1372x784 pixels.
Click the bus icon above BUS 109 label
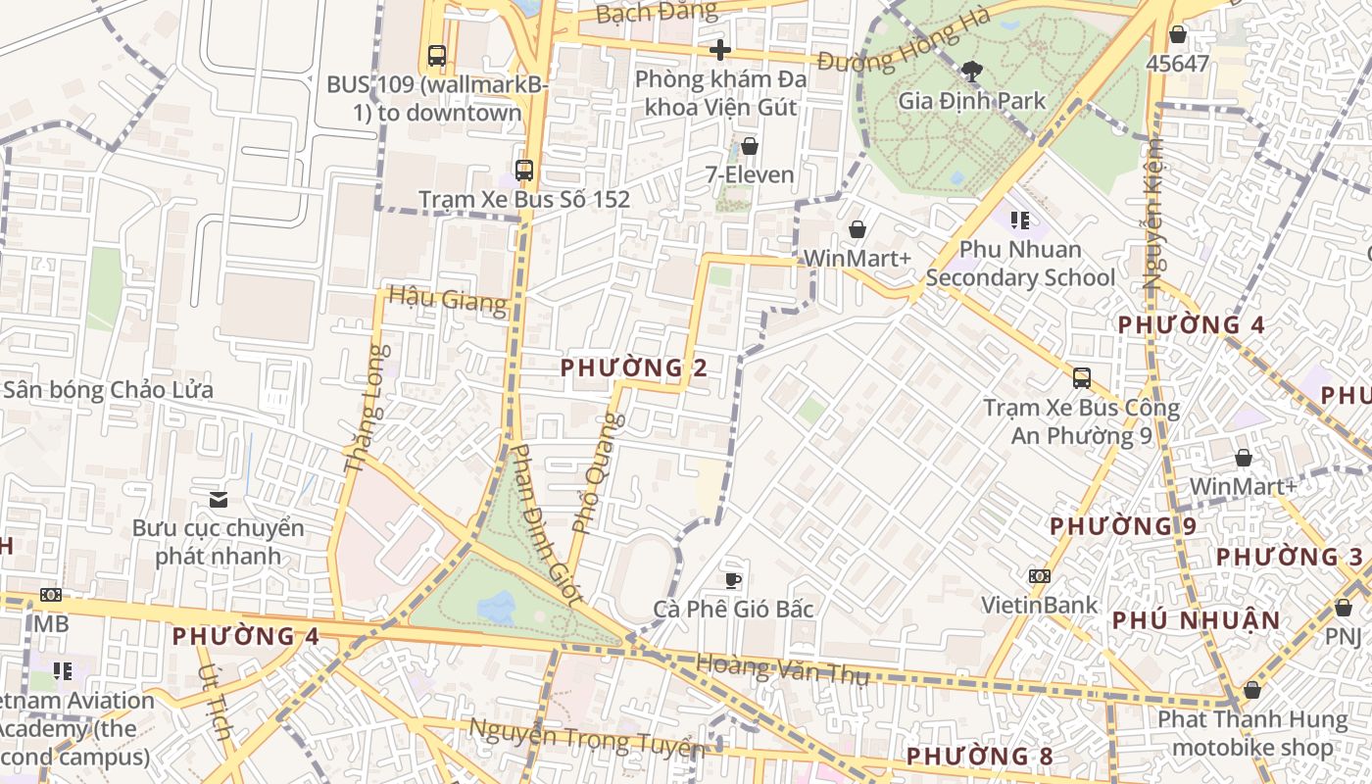[x=437, y=56]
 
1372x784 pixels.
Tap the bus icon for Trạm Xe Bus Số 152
[x=524, y=170]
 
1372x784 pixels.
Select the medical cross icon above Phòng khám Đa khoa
[x=720, y=50]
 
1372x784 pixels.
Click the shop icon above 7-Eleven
[x=750, y=146]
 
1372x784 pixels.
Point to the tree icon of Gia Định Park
[x=972, y=70]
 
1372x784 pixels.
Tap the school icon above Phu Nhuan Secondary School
[x=1020, y=220]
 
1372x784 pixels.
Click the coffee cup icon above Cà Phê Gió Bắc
[x=733, y=580]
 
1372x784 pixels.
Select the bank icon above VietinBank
[x=1040, y=576]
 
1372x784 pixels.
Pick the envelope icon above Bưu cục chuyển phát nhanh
[x=219, y=500]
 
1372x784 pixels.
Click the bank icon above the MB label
[x=51, y=595]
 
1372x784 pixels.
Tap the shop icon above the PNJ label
[x=1344, y=608]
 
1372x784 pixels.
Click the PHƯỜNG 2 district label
[x=633, y=368]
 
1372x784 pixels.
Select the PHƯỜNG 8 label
[x=979, y=757]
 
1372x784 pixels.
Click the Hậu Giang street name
[x=448, y=299]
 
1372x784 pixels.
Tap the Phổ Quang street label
[x=596, y=474]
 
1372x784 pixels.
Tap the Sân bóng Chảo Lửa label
[x=108, y=390]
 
